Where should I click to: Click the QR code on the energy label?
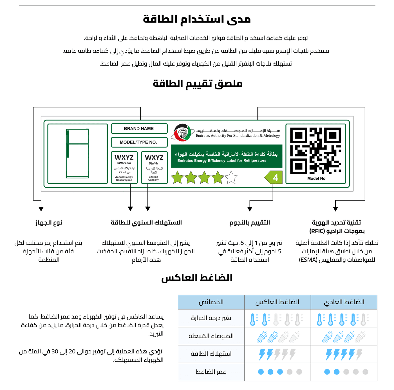(316, 151)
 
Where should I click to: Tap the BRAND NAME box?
(139, 129)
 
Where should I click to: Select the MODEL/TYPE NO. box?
(139, 142)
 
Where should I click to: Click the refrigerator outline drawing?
(77, 154)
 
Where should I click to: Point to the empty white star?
(231, 178)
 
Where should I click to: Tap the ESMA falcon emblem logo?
(184, 132)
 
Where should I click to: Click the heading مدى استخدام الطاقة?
(197, 19)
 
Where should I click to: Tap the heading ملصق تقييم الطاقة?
(198, 84)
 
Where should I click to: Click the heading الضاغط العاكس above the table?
(197, 278)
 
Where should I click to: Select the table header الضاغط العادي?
(344, 302)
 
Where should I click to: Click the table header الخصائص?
(211, 302)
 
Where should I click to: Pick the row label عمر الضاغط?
(211, 372)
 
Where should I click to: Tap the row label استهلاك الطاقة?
(211, 354)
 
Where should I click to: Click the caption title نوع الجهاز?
(49, 223)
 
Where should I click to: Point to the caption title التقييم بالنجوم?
(250, 223)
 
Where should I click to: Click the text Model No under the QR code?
(316, 178)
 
